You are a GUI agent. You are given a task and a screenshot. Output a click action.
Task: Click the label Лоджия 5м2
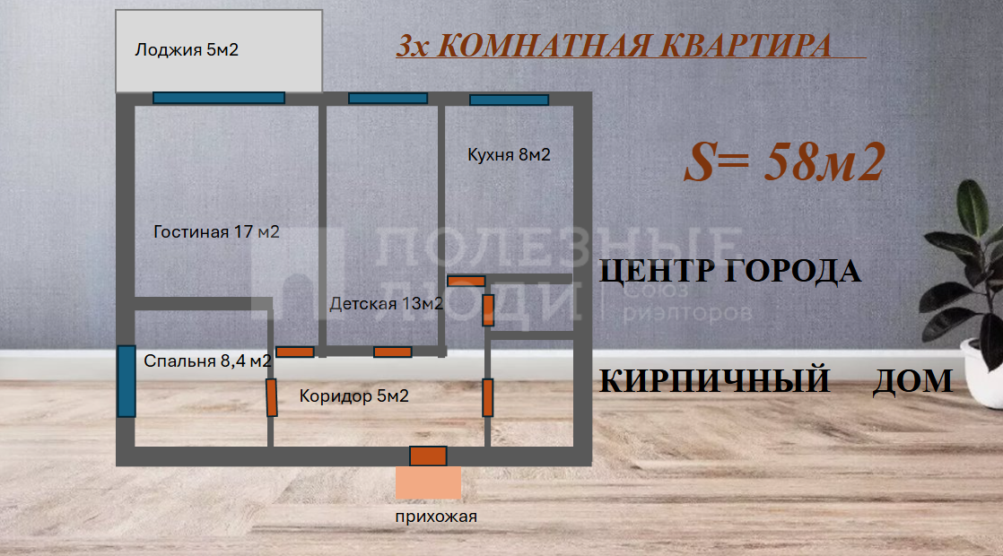(187, 50)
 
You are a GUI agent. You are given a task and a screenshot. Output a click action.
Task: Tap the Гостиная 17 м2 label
(216, 232)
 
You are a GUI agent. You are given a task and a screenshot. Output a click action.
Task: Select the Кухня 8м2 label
(509, 155)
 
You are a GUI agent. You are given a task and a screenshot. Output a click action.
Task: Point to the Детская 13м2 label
(386, 304)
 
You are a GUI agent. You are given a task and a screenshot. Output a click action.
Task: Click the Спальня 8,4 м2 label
(208, 361)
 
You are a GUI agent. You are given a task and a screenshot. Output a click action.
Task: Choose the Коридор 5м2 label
(353, 395)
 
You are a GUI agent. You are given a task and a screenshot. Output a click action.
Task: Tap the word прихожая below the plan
(436, 517)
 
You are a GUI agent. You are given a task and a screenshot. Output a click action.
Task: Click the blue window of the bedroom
(126, 381)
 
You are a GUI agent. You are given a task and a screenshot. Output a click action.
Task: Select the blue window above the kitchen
(509, 100)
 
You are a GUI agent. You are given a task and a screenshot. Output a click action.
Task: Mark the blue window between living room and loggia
(218, 98)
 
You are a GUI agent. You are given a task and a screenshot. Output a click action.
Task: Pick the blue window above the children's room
(388, 98)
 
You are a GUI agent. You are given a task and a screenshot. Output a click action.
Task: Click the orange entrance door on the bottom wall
(428, 456)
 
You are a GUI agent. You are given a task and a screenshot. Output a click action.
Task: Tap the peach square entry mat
(428, 482)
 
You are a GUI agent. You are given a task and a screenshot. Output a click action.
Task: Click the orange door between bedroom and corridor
(271, 397)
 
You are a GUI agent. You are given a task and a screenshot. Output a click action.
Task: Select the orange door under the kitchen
(466, 281)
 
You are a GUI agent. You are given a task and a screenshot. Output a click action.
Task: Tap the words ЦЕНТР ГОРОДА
(729, 271)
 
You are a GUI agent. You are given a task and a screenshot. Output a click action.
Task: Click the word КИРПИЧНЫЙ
(713, 381)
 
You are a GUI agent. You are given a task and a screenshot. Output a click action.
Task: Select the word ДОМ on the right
(912, 381)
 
